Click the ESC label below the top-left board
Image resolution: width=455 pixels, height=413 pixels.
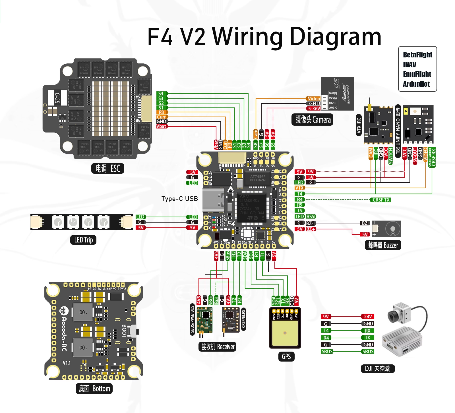[x=108, y=169]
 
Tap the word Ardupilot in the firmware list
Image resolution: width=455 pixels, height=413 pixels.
[x=416, y=84]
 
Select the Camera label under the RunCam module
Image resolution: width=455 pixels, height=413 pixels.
[x=313, y=119]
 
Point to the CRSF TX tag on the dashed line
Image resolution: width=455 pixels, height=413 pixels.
[x=381, y=200]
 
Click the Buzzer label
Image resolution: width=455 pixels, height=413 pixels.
[x=383, y=245]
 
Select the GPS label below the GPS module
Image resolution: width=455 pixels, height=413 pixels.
[x=286, y=356]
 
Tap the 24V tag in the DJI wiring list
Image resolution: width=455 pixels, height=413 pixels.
[x=368, y=316]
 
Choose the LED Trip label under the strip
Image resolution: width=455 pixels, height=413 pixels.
[x=83, y=240]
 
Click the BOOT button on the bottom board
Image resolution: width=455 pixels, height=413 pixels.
[x=134, y=331]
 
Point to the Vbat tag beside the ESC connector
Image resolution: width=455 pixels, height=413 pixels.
[x=162, y=126]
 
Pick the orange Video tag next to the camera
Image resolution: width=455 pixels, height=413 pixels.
[x=314, y=98]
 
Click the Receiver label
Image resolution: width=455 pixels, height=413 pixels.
[x=218, y=346]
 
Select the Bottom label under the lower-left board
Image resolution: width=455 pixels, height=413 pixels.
[x=94, y=389]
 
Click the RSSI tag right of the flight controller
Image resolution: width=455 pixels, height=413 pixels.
[x=311, y=217]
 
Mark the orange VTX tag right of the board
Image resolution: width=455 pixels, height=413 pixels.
[x=299, y=188]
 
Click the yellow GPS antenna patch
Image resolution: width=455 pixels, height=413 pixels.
[x=285, y=333]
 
